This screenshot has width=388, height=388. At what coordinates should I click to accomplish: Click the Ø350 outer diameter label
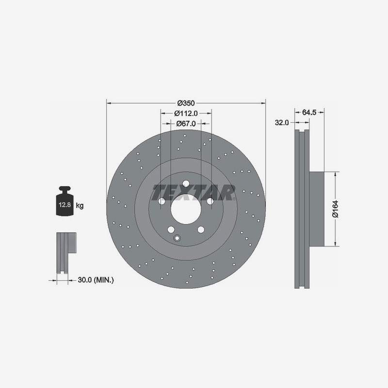pos(186,103)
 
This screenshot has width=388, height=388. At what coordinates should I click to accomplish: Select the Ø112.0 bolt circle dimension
pos(186,113)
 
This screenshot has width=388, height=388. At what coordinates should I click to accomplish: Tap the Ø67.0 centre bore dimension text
pos(186,124)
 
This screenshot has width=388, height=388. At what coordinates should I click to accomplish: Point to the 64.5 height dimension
pos(309,112)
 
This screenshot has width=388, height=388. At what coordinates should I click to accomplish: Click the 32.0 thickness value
pos(281,123)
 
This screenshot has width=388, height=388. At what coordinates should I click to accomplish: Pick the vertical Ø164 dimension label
pos(334,209)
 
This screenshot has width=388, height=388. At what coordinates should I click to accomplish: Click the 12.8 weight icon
pos(65,202)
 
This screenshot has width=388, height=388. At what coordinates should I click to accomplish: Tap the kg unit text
pos(80,206)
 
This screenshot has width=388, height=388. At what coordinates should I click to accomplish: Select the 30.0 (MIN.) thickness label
pos(96,280)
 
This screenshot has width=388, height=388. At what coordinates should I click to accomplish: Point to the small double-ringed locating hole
pos(177,238)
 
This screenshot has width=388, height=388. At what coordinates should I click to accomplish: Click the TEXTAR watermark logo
pos(194,192)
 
